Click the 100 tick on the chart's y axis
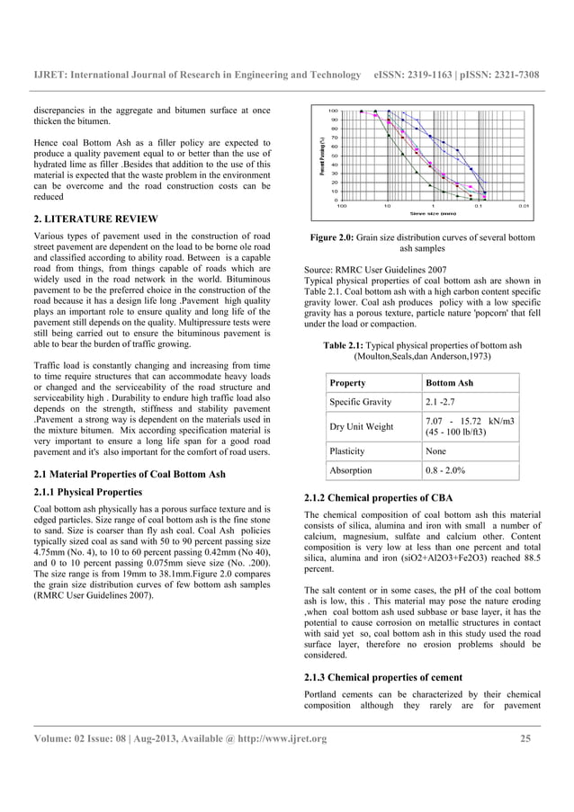pos(333,111)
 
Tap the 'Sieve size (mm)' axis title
pos(433,213)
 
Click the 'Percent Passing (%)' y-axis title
pos(320,154)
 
